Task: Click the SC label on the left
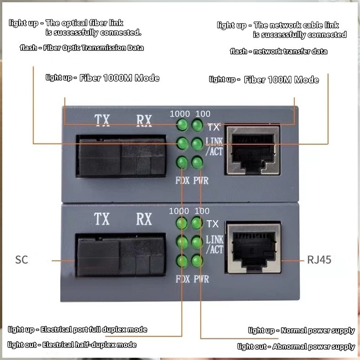pos(22,259)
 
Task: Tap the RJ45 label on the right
pos(319,260)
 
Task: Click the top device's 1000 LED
pos(182,125)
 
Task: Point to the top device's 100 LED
pos(197,125)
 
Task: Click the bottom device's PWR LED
pos(196,261)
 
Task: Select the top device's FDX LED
pos(182,162)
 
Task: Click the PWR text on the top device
pos(201,181)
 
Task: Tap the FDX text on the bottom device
pos(183,279)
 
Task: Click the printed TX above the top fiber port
pos(102,120)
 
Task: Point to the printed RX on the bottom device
pos(144,219)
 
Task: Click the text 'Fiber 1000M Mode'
pos(119,78)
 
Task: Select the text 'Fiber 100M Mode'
pos(281,80)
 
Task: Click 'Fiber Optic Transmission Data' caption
pos(94,48)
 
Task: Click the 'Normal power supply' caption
pos(318,331)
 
